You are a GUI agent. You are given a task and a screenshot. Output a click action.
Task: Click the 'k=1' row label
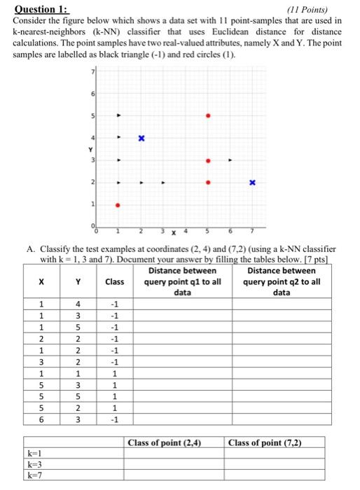coord(32,453)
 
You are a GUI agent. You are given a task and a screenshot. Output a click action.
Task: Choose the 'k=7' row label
coord(32,476)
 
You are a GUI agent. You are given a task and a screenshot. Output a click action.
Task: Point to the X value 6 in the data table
coord(41,420)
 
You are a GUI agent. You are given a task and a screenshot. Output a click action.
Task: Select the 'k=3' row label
coord(32,464)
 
